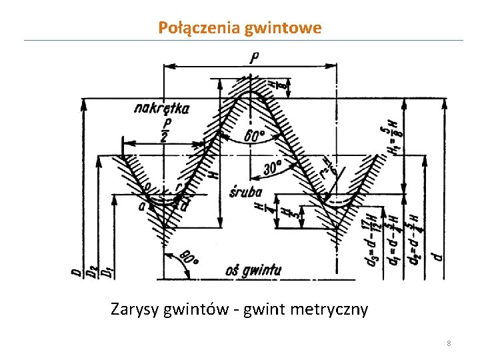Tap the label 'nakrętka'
pyautogui.click(x=161, y=108)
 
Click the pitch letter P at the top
pyautogui.click(x=255, y=58)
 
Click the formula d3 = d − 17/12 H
pyautogui.click(x=373, y=241)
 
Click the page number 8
pyautogui.click(x=449, y=343)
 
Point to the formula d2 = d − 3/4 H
pyautogui.click(x=414, y=241)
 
